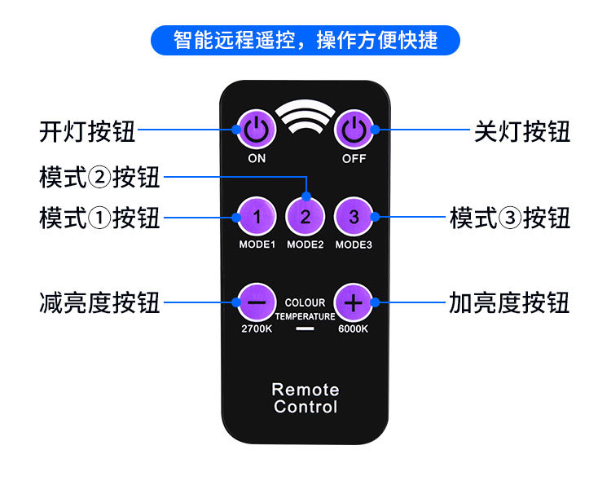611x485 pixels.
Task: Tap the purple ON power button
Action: [256, 129]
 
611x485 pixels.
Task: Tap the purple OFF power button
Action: [354, 129]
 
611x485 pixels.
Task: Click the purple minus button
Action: [256, 302]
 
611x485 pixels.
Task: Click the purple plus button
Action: [354, 302]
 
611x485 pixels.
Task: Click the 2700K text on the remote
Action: [256, 330]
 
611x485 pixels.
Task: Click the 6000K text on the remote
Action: [354, 330]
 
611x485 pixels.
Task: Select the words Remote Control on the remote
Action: [305, 398]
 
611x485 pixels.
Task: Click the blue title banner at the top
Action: [305, 40]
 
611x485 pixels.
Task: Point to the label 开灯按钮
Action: [87, 131]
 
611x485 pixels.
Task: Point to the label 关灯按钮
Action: [522, 131]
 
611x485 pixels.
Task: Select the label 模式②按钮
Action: [99, 176]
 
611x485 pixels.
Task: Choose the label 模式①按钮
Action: [99, 218]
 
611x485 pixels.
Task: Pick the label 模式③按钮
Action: [510, 218]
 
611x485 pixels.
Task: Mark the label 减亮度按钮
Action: [99, 304]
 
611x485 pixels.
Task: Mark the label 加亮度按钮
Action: [510, 304]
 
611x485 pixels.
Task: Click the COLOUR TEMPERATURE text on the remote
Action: [305, 309]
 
